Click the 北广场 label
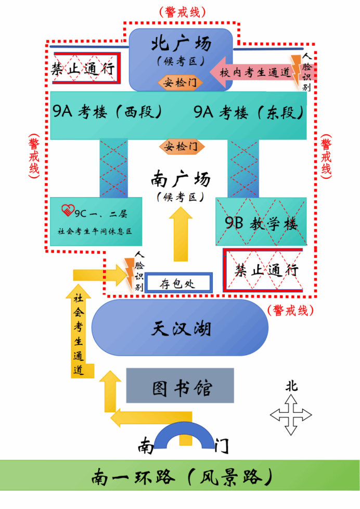pyautogui.click(x=181, y=44)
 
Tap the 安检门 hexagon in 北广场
pyautogui.click(x=180, y=82)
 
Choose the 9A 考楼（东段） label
pyautogui.click(x=248, y=112)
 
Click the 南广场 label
pyautogui.click(x=181, y=179)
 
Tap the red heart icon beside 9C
pyautogui.click(x=68, y=211)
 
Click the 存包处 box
pyautogui.click(x=178, y=284)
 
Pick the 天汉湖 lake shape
pyautogui.click(x=180, y=328)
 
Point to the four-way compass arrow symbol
pyautogui.click(x=291, y=414)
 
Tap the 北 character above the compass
pyautogui.click(x=291, y=386)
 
